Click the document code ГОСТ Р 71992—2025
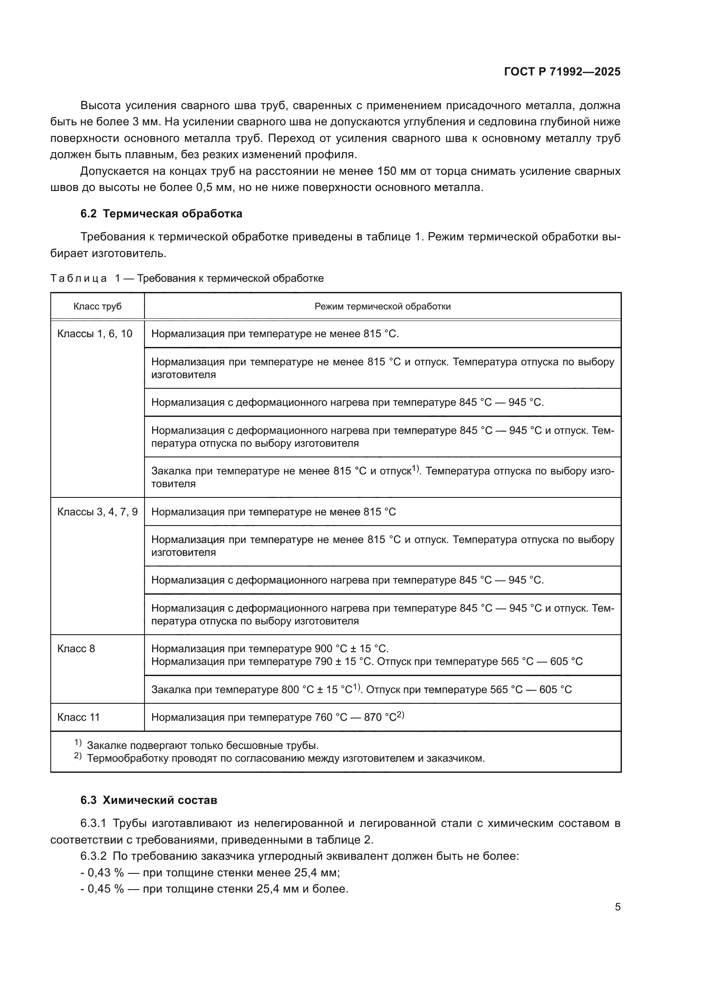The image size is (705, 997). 562,72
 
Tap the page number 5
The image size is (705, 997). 617,907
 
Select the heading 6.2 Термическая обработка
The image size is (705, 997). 161,214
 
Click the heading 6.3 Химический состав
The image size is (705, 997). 148,800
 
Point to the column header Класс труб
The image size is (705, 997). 97,306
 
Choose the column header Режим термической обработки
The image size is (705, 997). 382,306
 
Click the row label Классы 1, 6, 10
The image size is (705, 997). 95,334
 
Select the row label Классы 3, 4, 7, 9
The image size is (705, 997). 97,512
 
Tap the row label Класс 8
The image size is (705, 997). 76,649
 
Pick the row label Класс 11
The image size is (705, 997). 78,717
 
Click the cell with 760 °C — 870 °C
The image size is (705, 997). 278,717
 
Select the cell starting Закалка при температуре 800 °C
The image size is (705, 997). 361,690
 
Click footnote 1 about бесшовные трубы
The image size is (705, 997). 202,746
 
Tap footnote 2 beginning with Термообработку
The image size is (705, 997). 285,759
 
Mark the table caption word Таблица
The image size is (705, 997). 78,278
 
